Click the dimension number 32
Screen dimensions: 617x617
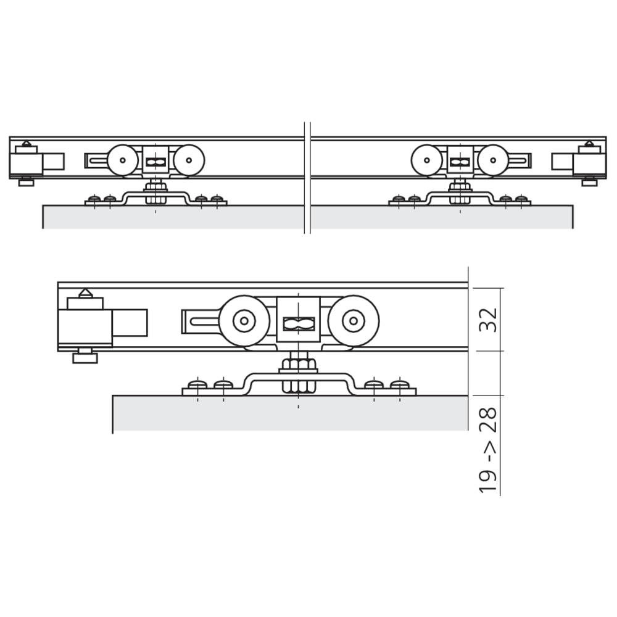tap(489, 320)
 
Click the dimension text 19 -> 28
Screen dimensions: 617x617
tap(488, 450)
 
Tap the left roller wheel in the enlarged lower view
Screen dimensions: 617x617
tap(244, 321)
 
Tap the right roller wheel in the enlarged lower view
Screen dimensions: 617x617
tap(354, 321)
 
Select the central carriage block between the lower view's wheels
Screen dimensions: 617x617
tap(299, 319)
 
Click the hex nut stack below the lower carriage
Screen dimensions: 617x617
tap(299, 375)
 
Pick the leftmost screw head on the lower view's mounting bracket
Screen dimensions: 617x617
tap(197, 384)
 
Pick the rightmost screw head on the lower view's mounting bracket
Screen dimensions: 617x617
tap(400, 384)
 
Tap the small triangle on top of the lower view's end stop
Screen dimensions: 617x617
tap(86, 293)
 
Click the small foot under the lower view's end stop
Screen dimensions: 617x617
tap(85, 356)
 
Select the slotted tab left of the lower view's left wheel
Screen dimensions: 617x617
tap(201, 321)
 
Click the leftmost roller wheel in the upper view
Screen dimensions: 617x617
tap(123, 160)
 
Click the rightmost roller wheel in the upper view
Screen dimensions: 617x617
tap(493, 160)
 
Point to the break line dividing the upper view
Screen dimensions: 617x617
tap(307, 178)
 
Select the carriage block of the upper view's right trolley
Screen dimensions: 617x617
tap(460, 160)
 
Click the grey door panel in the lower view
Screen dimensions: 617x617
tap(291, 413)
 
